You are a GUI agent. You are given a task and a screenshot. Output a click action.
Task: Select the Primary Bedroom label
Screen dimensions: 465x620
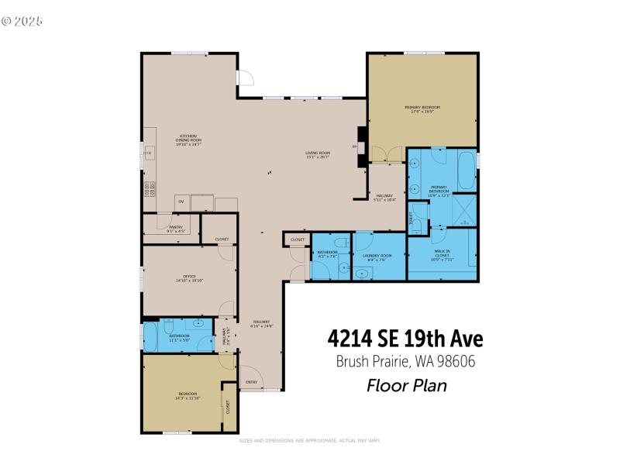422,108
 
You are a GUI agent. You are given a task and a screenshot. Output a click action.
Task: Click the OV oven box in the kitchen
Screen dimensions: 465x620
181,202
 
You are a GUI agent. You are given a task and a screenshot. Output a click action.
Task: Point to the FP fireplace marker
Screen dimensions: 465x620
354,146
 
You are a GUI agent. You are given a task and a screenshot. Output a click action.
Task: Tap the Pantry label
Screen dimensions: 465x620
175,229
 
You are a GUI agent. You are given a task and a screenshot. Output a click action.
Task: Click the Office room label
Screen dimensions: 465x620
189,278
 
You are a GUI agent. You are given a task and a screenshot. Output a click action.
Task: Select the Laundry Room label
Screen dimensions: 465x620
377,257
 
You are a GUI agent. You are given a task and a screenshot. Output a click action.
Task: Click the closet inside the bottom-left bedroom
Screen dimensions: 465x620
229,407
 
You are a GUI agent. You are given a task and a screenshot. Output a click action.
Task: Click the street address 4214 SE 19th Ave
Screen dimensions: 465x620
405,339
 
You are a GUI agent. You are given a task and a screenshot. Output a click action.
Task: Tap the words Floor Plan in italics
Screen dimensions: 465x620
406,385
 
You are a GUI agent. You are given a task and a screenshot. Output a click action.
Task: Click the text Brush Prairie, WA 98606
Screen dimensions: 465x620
405,361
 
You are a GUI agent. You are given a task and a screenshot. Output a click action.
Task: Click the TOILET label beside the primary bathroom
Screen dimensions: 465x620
412,219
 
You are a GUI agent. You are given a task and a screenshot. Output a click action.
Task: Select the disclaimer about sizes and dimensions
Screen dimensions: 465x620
310,440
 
